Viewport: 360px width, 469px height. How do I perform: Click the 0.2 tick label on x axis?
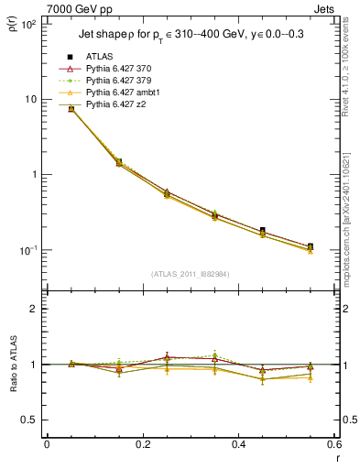click(x=143, y=444)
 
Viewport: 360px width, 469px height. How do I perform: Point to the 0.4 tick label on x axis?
click(x=239, y=444)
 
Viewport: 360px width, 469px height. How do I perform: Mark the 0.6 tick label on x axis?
click(x=334, y=444)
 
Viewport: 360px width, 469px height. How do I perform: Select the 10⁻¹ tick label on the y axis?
click(x=27, y=250)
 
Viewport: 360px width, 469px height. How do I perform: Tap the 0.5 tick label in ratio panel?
click(x=29, y=420)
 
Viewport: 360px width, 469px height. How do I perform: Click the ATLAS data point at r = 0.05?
click(x=71, y=108)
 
